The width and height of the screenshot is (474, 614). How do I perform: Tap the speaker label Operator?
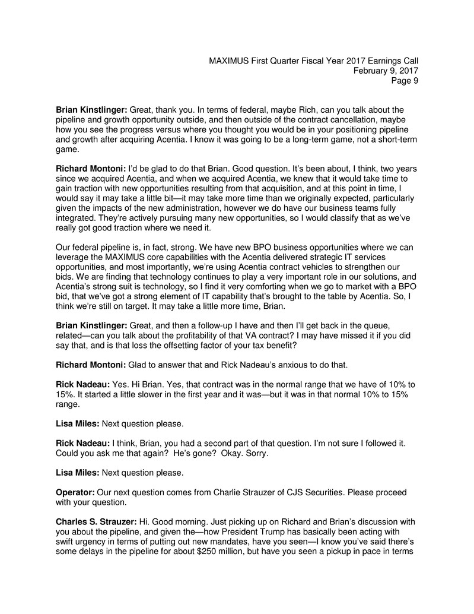click(75, 492)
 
